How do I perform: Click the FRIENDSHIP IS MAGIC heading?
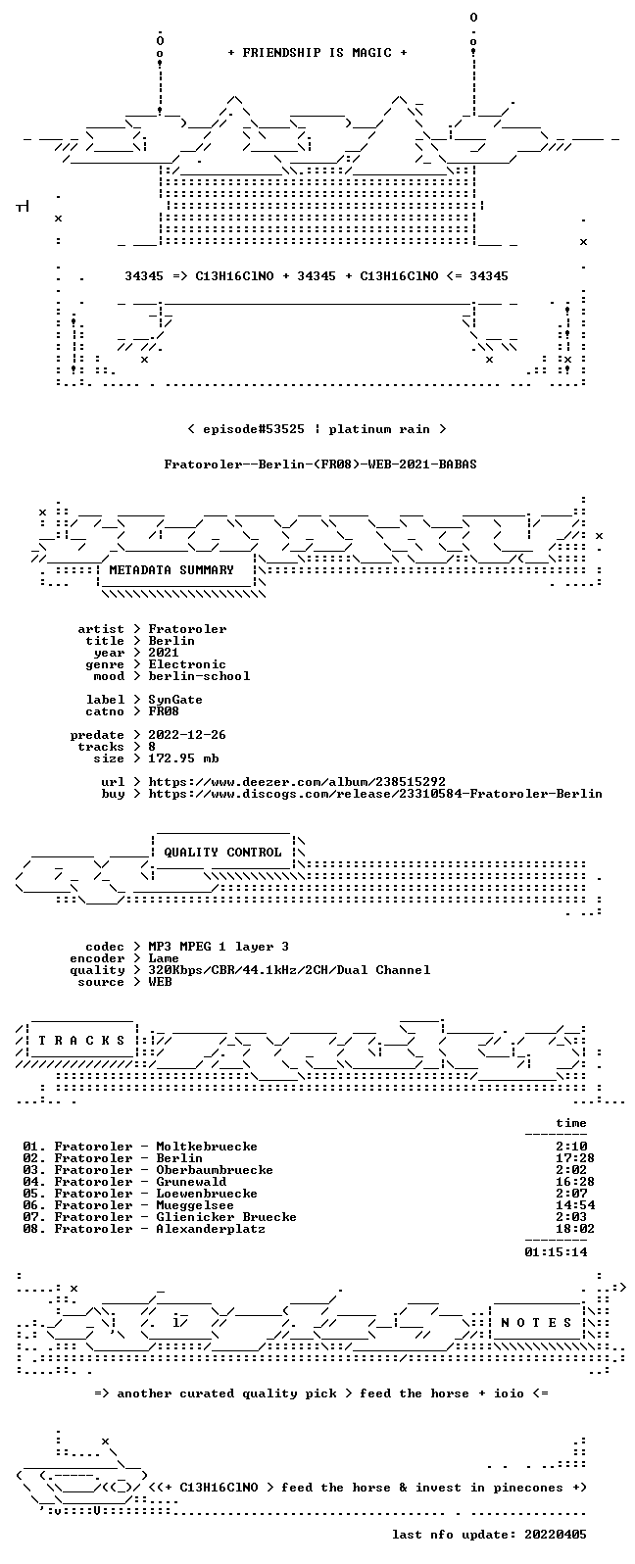coord(317,52)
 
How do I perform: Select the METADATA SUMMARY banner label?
coord(171,569)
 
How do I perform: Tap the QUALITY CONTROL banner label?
coord(222,852)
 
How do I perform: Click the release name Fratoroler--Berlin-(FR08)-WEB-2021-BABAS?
coord(319,464)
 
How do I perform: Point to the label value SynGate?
coord(175,700)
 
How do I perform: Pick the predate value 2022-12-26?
coord(187,735)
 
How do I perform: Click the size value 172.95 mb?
coord(183,758)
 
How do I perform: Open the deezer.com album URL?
coord(297,782)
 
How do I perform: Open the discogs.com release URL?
coord(375,794)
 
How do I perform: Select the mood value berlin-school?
coord(199,676)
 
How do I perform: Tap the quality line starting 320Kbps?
coord(289,970)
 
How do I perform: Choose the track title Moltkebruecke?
coord(207,1147)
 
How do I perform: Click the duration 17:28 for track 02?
coord(575,1158)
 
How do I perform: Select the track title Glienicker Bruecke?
coord(226,1217)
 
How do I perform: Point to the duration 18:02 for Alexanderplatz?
coord(575,1229)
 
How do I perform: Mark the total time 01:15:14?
coord(556,1252)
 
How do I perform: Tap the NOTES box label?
coord(536,1322)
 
